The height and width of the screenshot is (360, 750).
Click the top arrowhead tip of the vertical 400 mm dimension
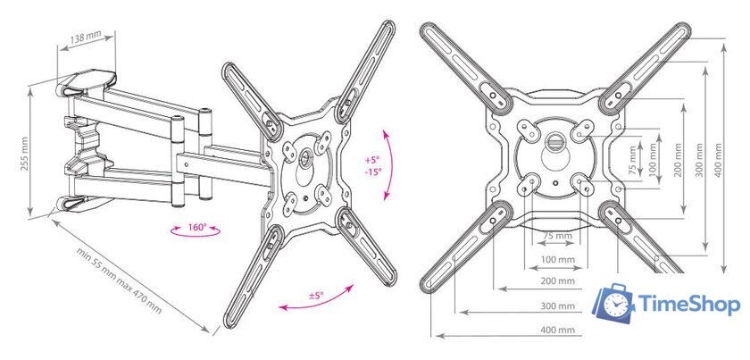pos(724,44)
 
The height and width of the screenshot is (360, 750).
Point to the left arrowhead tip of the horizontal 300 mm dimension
pos(459,312)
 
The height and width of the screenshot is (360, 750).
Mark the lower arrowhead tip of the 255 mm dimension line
pos(30,216)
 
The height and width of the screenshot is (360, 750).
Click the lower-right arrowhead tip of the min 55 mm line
pos(210,331)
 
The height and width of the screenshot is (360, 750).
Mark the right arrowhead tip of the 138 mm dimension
pos(115,35)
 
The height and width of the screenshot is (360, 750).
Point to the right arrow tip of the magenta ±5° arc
pos(354,285)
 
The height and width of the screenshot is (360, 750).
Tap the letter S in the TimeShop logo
pos(689,304)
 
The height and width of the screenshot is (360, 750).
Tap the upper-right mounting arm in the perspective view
pos(365,71)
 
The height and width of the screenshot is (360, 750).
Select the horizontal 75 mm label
pos(557,236)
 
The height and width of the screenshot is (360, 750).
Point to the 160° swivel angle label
pos(196,227)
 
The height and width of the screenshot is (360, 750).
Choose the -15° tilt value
pos(372,172)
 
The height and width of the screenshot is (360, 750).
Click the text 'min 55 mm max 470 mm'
pos(119,280)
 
